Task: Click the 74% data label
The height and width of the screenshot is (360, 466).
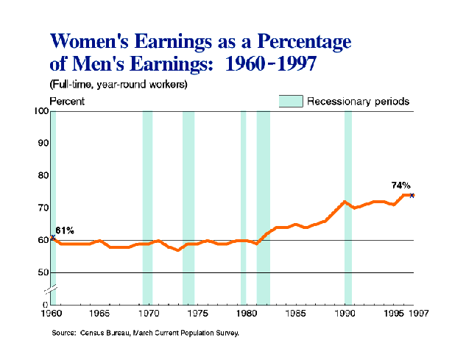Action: coord(400,186)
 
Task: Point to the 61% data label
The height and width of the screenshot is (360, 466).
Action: coord(65,230)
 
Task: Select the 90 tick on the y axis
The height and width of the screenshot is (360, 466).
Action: coord(42,143)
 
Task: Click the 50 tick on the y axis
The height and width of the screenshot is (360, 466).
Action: coord(42,272)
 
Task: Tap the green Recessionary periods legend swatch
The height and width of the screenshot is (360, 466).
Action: coord(291,101)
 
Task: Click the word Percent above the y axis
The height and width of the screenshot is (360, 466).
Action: coord(67,101)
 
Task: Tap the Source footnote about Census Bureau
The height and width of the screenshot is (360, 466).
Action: coord(145,333)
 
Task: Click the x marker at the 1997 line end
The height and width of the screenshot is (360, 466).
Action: coord(412,195)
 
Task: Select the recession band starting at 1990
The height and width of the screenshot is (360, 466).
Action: coord(348,206)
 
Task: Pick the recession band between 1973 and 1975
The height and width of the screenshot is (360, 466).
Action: coord(188,206)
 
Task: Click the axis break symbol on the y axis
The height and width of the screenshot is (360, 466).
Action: coord(52,289)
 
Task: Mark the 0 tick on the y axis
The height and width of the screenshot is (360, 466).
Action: coord(45,304)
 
